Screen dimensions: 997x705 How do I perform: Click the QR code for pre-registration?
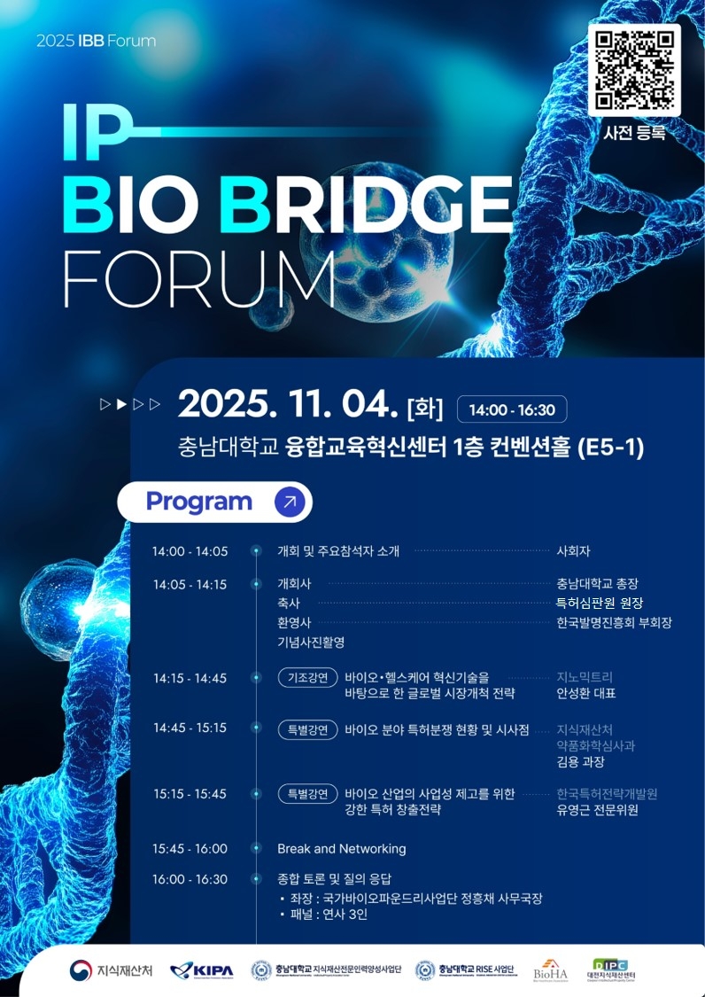633,71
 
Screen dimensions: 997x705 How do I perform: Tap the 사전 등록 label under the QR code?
633,135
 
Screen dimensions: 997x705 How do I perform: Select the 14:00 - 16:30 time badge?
512,409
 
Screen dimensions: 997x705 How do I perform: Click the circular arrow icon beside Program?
289,502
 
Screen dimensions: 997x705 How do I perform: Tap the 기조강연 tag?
308,678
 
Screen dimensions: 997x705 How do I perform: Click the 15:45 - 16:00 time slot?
190,848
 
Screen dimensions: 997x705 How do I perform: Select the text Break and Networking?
341,848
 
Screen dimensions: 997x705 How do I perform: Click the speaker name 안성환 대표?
585,694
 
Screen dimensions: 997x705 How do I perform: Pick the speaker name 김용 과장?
580,761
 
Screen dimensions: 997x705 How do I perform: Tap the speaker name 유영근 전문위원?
597,810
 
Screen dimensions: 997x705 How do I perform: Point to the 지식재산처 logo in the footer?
112,970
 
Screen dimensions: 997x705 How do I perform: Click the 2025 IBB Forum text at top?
96,41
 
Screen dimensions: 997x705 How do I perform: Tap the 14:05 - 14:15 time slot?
190,584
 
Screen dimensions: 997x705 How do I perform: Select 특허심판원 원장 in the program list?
600,603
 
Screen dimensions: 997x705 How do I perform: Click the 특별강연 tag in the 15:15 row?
308,793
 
